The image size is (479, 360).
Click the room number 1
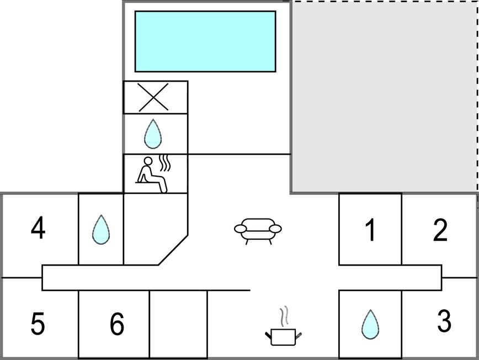coord(370,230)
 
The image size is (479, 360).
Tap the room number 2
coord(440,230)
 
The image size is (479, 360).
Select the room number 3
coord(444,321)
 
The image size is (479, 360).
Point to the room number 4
coord(38,227)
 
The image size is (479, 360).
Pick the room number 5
coord(38,323)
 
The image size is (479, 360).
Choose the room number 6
coord(117,324)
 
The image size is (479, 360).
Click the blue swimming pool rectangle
coord(205,41)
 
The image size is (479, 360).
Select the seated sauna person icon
coord(152,175)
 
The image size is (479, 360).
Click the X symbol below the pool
coord(153,97)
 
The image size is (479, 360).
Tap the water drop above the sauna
coord(153,134)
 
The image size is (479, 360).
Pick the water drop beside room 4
coord(101,230)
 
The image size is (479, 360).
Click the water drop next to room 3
coord(370,324)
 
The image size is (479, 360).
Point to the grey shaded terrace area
coord(384,97)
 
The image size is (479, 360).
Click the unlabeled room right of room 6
coord(178,324)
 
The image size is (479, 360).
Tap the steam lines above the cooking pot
coord(284,316)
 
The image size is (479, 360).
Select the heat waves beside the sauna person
coord(164,163)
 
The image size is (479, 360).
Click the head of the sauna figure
coord(148,161)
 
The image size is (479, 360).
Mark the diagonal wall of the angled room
coord(173,250)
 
